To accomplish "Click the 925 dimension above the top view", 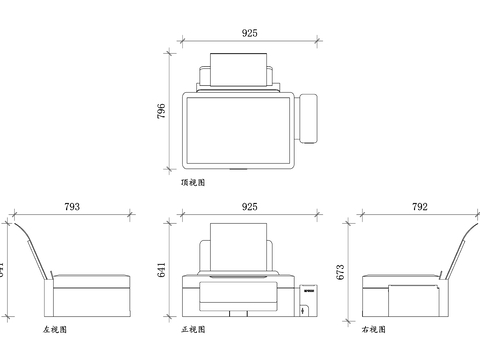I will [x=250, y=33].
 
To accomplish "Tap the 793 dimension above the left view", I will [x=72, y=207].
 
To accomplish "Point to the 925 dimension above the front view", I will [x=250, y=207].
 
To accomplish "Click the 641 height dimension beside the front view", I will [x=162, y=270].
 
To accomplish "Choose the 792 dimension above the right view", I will [x=420, y=207].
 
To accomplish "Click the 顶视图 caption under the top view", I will [x=192, y=184].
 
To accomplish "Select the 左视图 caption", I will [x=55, y=329].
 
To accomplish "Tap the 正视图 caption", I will [x=194, y=329].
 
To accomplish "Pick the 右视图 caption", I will [x=371, y=329].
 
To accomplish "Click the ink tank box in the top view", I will [x=310, y=117].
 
